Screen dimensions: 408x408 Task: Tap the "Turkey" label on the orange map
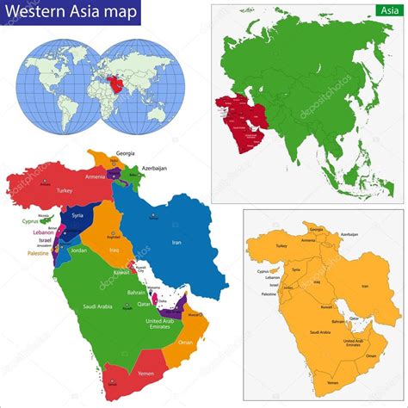click(x=281, y=246)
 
